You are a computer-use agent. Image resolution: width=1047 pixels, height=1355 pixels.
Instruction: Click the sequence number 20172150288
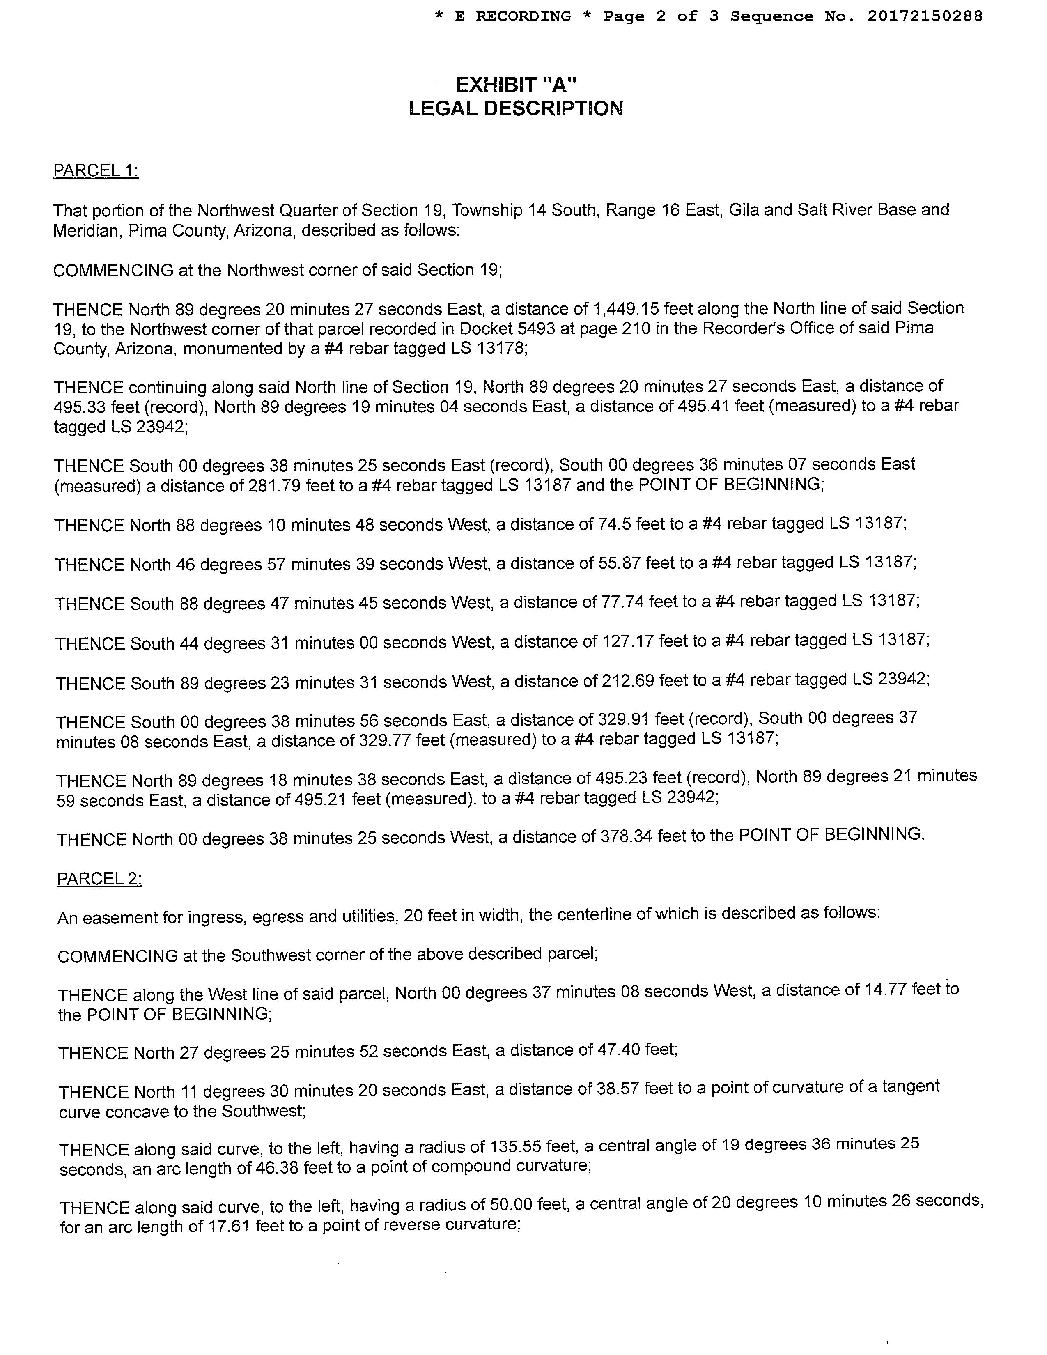(x=924, y=16)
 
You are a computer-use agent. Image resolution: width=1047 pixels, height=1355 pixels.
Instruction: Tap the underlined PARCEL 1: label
(x=96, y=171)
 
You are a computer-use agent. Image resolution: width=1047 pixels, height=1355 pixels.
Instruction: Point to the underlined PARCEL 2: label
(x=99, y=879)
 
